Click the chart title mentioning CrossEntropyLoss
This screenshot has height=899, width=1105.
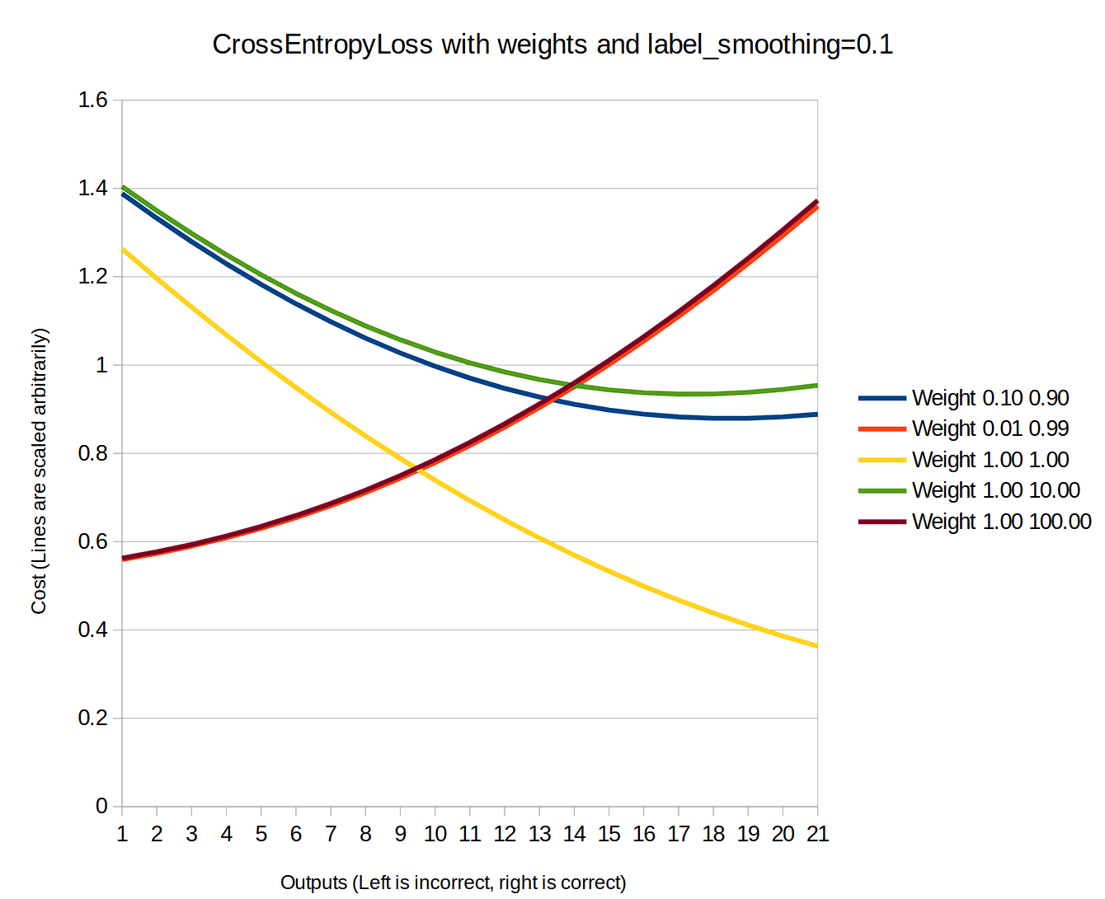point(552,44)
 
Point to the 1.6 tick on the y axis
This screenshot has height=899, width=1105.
point(93,101)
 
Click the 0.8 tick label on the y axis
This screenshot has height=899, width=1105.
point(93,453)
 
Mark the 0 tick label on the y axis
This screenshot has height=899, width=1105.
point(101,806)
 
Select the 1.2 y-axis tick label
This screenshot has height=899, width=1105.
point(93,277)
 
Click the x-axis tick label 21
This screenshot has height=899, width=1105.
point(817,835)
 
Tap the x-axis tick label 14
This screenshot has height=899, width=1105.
point(574,835)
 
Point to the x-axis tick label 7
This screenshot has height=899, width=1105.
point(331,835)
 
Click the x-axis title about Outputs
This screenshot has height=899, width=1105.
point(453,883)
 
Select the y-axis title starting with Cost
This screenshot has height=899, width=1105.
point(40,471)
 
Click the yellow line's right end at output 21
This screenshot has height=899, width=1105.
point(816,646)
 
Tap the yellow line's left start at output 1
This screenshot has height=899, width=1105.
point(123,249)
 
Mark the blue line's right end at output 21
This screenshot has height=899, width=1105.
point(816,414)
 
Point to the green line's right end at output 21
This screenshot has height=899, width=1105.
point(816,386)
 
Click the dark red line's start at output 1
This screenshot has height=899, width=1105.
point(123,558)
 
